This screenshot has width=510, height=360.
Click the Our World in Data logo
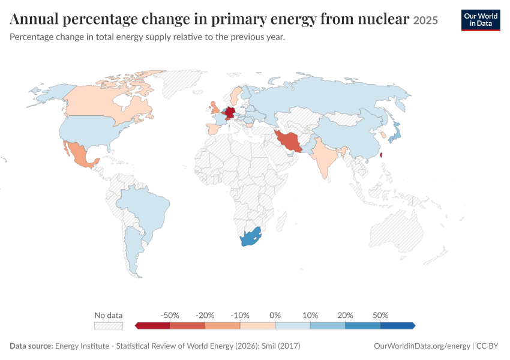pyautogui.click(x=481, y=20)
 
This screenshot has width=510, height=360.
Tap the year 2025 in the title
pyautogui.click(x=425, y=20)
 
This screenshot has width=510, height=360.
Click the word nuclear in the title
pyautogui.click(x=383, y=19)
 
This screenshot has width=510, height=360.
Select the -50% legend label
pyautogui.click(x=170, y=315)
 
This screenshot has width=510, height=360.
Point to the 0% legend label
pyautogui.click(x=275, y=315)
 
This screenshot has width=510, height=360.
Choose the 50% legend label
pyautogui.click(x=380, y=315)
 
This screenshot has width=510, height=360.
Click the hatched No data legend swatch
pyautogui.click(x=109, y=326)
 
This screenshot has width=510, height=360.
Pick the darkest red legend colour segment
pyautogui.click(x=152, y=326)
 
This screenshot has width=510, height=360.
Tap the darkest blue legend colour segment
pyautogui.click(x=398, y=326)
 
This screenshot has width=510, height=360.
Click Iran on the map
pyautogui.click(x=290, y=141)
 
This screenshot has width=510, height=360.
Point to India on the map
pyautogui.click(x=323, y=155)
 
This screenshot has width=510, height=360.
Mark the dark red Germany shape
pyautogui.click(x=230, y=112)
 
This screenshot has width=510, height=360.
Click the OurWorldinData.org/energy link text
pyautogui.click(x=422, y=346)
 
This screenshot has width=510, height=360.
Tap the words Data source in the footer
pyautogui.click(x=31, y=346)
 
